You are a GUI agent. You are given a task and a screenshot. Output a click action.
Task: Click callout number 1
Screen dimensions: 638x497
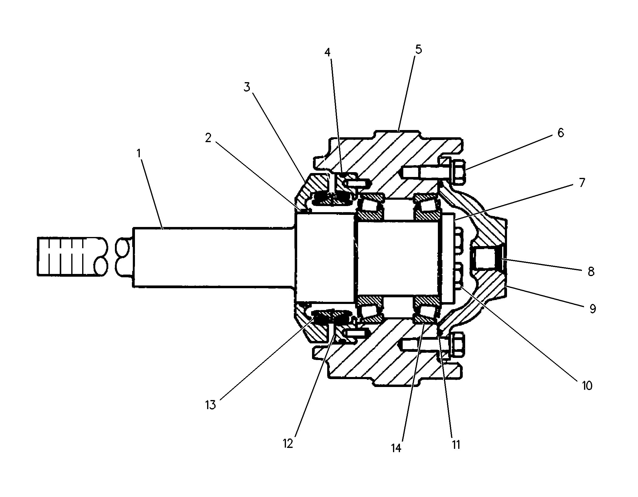pyautogui.click(x=139, y=154)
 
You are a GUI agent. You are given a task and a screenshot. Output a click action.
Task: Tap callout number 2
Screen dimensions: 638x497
pyautogui.click(x=208, y=138)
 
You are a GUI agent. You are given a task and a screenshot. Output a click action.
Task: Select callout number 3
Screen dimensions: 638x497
pyautogui.click(x=247, y=87)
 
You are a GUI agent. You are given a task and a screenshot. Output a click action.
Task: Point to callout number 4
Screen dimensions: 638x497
pyautogui.click(x=327, y=52)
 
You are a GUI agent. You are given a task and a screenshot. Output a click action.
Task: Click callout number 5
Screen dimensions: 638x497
pyautogui.click(x=418, y=49)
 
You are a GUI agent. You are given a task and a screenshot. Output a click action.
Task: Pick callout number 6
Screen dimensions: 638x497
pyautogui.click(x=561, y=133)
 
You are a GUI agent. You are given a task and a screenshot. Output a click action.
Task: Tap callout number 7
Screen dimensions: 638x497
pyautogui.click(x=582, y=183)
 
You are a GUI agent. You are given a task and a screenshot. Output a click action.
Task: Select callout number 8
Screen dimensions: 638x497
pyautogui.click(x=591, y=272)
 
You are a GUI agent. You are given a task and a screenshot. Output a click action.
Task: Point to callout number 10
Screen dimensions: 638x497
pyautogui.click(x=587, y=386)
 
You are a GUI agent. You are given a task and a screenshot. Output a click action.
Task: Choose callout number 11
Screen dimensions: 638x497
pyautogui.click(x=456, y=445)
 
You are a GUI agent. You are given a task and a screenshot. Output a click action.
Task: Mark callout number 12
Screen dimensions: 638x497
pyautogui.click(x=288, y=443)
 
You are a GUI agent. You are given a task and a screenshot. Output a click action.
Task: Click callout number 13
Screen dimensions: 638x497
pyautogui.click(x=210, y=405)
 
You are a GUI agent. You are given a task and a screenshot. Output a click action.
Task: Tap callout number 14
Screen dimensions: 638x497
pyautogui.click(x=396, y=448)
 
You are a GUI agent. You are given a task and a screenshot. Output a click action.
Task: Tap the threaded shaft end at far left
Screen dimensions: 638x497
pyautogui.click(x=72, y=256)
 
